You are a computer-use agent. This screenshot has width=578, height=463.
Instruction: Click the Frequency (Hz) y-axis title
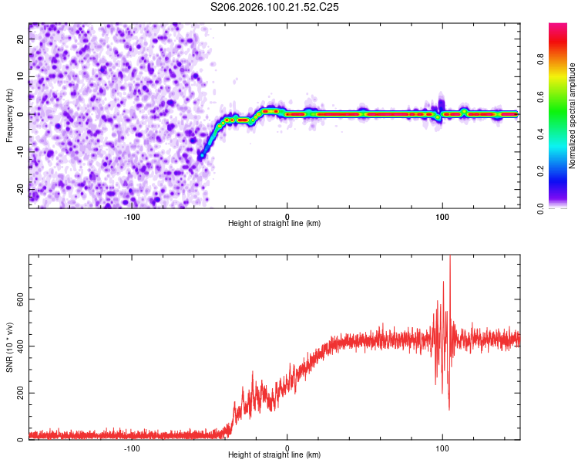click(9, 115)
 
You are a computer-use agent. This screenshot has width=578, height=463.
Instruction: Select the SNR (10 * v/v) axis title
click(9, 346)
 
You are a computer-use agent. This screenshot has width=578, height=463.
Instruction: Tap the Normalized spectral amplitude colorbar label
click(573, 116)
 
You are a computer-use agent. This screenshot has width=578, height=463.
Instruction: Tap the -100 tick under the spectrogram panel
click(132, 215)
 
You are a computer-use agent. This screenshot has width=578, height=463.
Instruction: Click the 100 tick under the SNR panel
click(442, 448)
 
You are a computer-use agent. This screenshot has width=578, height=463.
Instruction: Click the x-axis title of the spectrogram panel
click(274, 223)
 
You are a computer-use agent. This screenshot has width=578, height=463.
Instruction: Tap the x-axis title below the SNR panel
click(274, 455)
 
